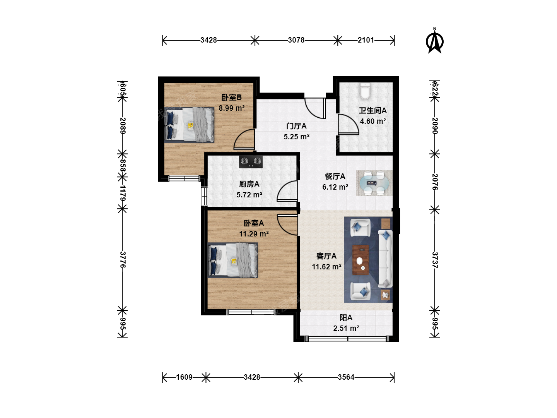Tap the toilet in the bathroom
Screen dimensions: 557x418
pos(365,91)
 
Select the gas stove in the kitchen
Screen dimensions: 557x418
pos(251,162)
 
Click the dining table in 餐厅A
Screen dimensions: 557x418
pos(374,183)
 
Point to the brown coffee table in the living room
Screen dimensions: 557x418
pos(361,260)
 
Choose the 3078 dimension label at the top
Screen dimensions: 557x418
pos(296,40)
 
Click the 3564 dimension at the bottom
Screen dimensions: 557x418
pos(346,377)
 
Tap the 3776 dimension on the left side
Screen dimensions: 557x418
pos(123,260)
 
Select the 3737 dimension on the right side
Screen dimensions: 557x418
pos(435,260)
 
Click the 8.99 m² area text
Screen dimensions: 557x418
pos(232,108)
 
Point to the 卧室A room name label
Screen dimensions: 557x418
pos(253,223)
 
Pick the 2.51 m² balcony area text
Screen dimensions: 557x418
pos(346,328)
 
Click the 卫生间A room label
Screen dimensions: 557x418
pos(372,110)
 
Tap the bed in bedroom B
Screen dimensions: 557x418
pos(189,125)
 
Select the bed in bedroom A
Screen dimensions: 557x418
pos(233,260)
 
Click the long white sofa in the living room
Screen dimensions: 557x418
pos(385,259)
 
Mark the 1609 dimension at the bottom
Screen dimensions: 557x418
pos(184,377)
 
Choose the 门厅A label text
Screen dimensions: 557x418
pos(296,126)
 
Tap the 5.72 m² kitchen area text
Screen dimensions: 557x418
pos(249,195)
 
